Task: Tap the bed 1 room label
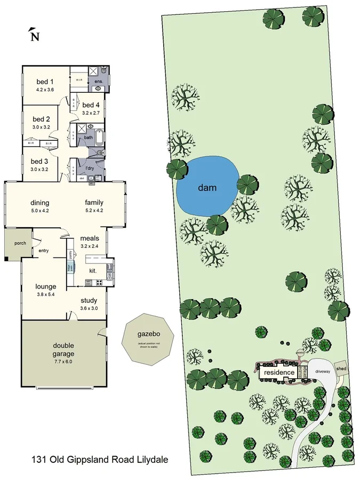45,82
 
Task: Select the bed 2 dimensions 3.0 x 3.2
41,128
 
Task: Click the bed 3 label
39,161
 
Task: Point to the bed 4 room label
91,105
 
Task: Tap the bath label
89,138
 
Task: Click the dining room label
40,203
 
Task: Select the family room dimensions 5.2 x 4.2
94,211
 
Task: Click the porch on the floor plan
19,244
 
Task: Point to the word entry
44,250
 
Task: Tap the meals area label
90,238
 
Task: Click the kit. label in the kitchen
93,271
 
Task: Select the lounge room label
46,286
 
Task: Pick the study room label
89,301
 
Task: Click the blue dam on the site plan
207,187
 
